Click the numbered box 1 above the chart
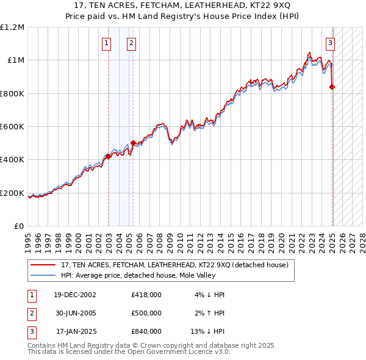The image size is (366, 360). (107, 43)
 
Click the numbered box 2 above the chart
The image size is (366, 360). (131, 43)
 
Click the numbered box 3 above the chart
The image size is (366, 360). (330, 43)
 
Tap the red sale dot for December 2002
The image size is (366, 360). (109, 156)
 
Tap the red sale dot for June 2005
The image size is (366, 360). (134, 143)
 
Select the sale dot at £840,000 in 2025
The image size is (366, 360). (332, 87)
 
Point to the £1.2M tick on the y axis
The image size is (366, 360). (12, 27)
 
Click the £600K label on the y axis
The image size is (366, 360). (13, 127)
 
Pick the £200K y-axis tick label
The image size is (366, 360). (13, 193)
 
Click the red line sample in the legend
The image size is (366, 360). (43, 265)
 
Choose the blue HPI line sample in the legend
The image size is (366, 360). (43, 275)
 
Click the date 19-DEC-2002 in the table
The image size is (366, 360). (75, 295)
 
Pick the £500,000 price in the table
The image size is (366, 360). (146, 313)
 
